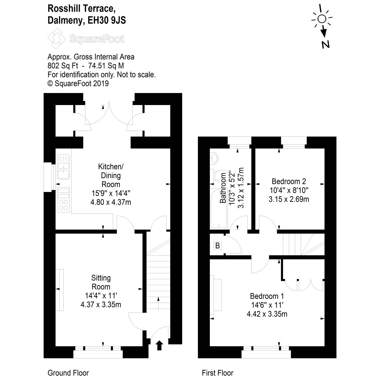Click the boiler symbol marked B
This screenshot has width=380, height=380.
click(x=217, y=245)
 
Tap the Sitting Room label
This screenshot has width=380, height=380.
click(x=101, y=282)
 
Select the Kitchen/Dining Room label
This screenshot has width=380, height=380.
click(x=111, y=176)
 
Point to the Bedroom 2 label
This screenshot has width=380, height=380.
click(x=289, y=182)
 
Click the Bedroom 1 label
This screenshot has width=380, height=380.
click(x=267, y=296)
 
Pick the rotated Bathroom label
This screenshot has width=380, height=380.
click(x=223, y=188)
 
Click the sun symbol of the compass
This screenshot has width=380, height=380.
click(x=322, y=19)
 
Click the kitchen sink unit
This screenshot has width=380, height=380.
click(x=63, y=166)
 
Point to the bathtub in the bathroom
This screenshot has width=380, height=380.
click(x=219, y=208)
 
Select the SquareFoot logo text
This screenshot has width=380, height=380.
click(x=97, y=39)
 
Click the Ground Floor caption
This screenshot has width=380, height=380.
click(x=68, y=373)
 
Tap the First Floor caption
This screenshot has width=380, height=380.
click(x=217, y=373)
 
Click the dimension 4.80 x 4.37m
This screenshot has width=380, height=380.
click(x=111, y=202)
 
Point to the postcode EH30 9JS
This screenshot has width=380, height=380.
click(x=107, y=20)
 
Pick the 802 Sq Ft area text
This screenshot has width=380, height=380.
click(x=63, y=66)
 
